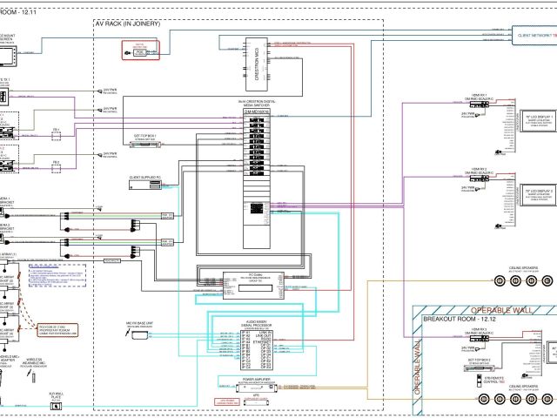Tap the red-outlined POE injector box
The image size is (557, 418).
tap(140, 51)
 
